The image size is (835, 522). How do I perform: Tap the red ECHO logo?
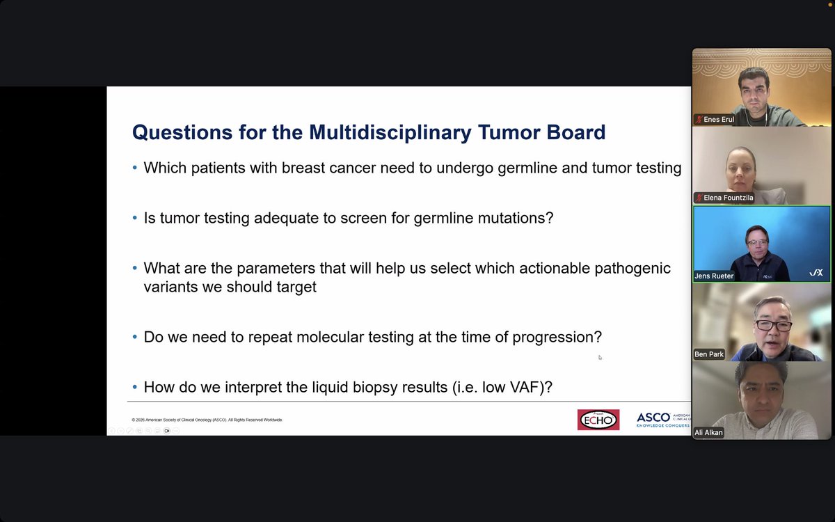[598, 419]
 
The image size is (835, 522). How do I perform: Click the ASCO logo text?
[653, 418]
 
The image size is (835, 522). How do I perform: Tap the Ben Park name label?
[709, 354]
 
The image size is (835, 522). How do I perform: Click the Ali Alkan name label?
[708, 432]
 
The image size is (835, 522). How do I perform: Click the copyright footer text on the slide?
[207, 420]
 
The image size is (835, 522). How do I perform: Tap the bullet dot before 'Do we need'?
[135, 338]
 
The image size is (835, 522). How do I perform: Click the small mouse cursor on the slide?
[600, 358]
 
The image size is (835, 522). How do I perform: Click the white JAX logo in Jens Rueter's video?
[816, 273]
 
